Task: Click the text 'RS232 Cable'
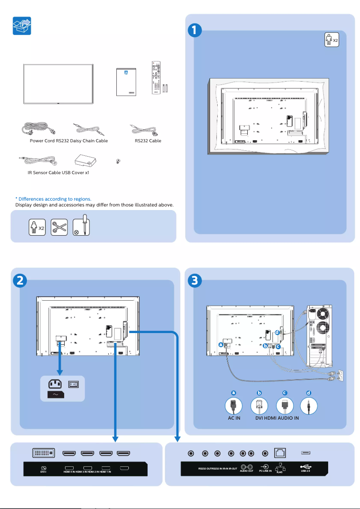pyautogui.click(x=148, y=140)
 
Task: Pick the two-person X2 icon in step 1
pyautogui.click(x=331, y=40)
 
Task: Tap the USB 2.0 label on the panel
pyautogui.click(x=305, y=471)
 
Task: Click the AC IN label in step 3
pyautogui.click(x=234, y=418)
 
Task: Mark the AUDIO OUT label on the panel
pyautogui.click(x=246, y=471)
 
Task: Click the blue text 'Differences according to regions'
pyautogui.click(x=53, y=199)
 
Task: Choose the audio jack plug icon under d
pyautogui.click(x=309, y=406)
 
